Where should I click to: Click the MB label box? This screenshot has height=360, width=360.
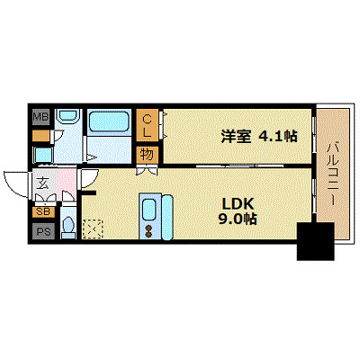(41, 118)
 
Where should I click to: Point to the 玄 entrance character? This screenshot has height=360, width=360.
(42, 184)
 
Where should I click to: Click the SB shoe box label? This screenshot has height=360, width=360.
(42, 212)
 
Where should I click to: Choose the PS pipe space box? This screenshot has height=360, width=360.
(42, 230)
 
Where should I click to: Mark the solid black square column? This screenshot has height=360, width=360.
(314, 240)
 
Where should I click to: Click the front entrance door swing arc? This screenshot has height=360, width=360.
(15, 184)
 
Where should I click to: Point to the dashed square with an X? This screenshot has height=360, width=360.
(93, 230)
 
